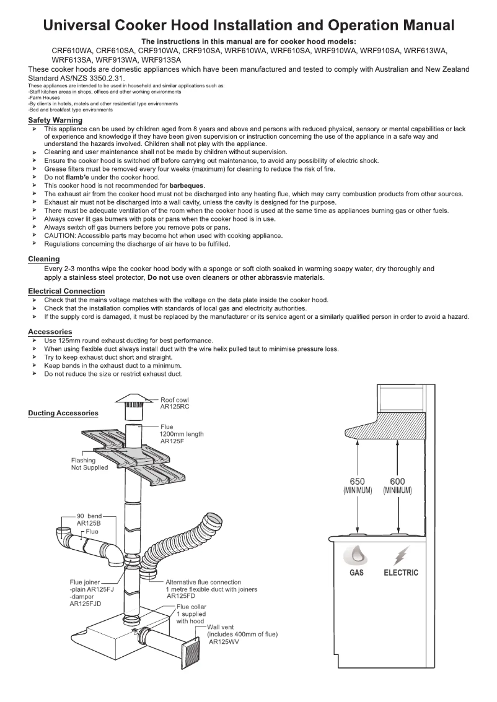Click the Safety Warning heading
click(x=55, y=120)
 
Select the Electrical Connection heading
click(x=66, y=291)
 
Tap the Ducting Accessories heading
click(x=63, y=413)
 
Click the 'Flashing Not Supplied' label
click(x=89, y=464)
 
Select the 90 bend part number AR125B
click(x=89, y=523)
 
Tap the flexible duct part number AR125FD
click(x=181, y=597)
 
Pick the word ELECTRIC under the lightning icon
click(x=400, y=573)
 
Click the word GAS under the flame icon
click(x=356, y=573)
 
